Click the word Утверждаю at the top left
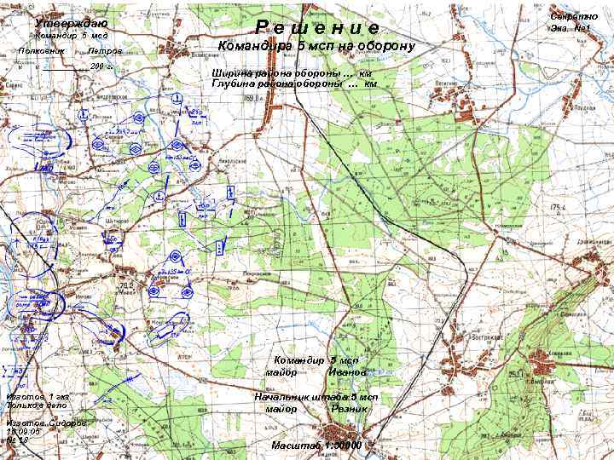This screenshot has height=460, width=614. point(72,23)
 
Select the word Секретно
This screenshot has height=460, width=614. point(571,17)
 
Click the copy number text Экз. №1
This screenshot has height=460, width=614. point(571,29)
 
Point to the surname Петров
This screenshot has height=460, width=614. point(105,51)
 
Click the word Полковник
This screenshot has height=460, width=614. point(36,51)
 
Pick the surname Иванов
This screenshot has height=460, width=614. point(347,372)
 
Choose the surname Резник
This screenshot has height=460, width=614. point(350,409)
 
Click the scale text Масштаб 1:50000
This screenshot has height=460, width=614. point(316,445)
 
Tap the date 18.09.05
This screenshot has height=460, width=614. point(22,432)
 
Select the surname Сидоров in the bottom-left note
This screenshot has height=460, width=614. point(66,423)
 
